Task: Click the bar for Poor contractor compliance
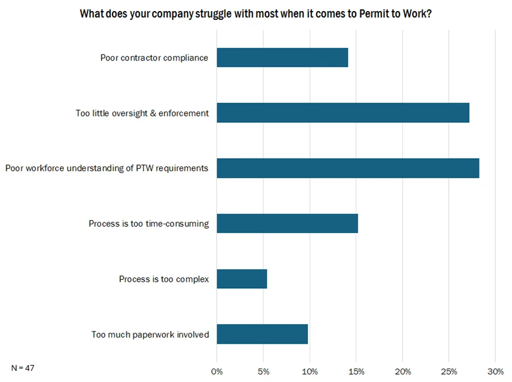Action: click(282, 58)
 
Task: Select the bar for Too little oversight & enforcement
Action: click(343, 113)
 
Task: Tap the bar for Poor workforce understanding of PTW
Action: click(348, 168)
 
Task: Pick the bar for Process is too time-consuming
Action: click(287, 223)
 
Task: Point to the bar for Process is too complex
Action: click(242, 279)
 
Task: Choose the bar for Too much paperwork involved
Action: click(262, 334)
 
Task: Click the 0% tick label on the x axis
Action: click(217, 371)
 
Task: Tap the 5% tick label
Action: click(263, 371)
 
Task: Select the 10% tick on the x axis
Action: click(310, 371)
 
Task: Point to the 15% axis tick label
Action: click(356, 371)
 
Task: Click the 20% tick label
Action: click(403, 371)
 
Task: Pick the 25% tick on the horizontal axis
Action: click(449, 371)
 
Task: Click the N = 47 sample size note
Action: click(23, 368)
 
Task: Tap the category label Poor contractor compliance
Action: click(154, 58)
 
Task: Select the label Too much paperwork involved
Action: click(150, 334)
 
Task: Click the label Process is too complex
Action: click(163, 279)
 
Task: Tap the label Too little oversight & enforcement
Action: click(142, 113)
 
